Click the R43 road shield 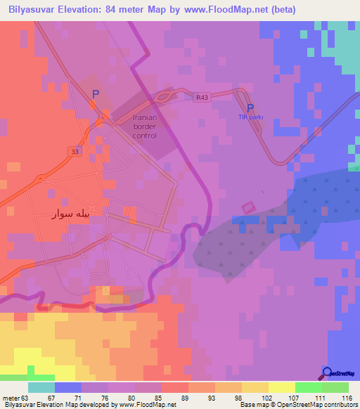pos(202,98)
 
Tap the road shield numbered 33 pos(74,151)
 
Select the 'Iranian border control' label pos(145,126)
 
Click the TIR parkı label pos(250,117)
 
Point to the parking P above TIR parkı pos(250,108)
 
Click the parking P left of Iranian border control pos(96,93)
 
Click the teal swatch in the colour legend pos(41,387)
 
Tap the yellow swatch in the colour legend pos(281,387)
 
